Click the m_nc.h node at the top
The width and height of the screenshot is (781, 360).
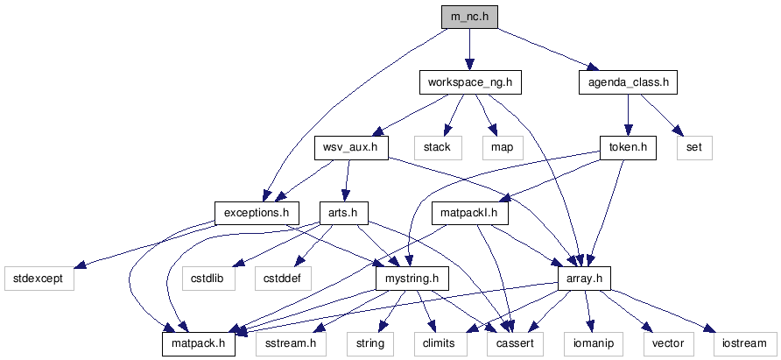click(x=468, y=18)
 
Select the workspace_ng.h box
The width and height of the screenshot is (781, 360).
click(x=468, y=83)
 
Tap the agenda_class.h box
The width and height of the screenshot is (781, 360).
click(x=628, y=83)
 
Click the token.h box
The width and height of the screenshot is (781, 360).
click(x=628, y=147)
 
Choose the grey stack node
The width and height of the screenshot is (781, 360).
click(x=437, y=147)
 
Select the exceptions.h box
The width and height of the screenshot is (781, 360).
click(x=257, y=212)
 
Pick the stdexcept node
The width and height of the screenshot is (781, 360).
click(x=38, y=278)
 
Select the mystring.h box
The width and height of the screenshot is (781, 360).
click(x=412, y=278)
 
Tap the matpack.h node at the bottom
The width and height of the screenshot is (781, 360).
click(x=199, y=342)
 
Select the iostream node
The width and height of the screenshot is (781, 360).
click(x=743, y=342)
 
